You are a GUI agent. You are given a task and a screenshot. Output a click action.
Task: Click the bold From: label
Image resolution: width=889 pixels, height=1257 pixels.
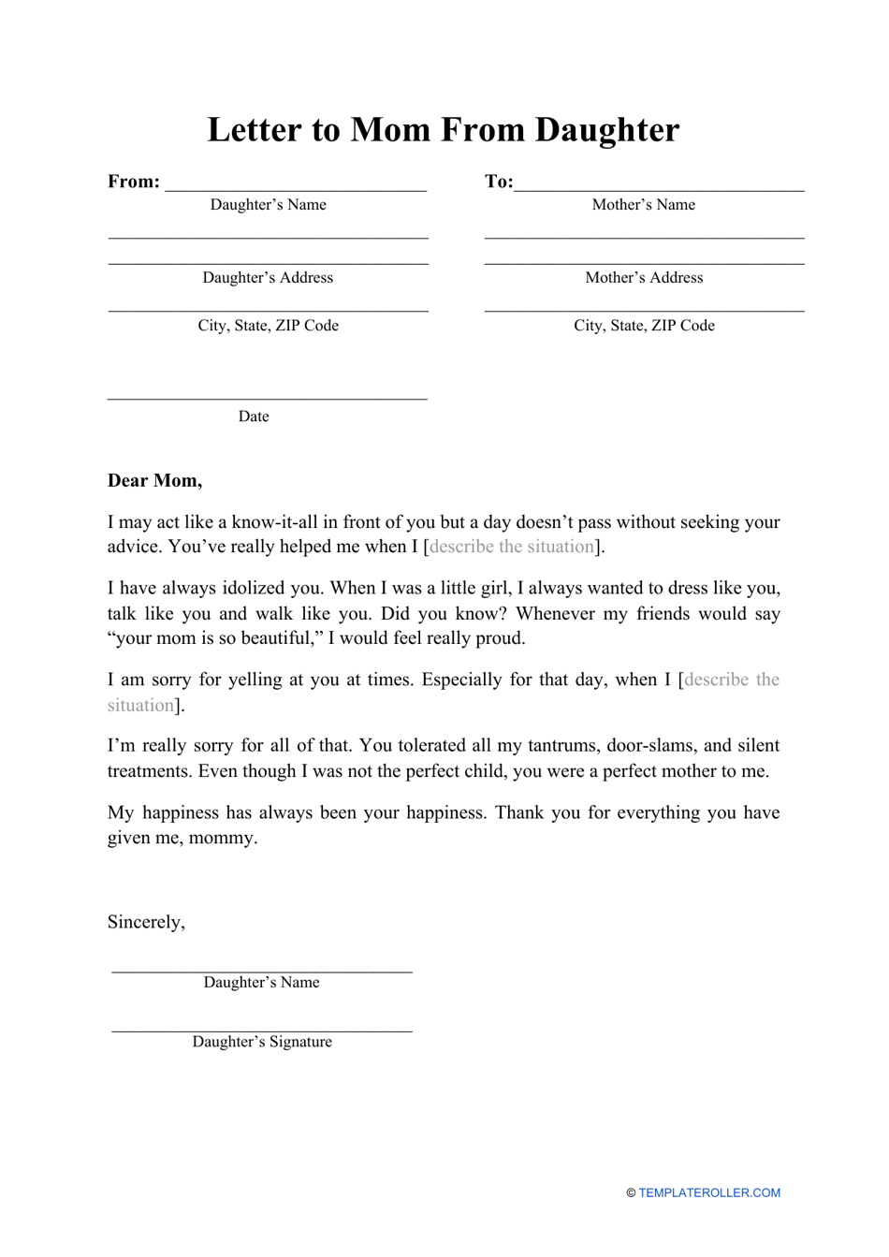(134, 182)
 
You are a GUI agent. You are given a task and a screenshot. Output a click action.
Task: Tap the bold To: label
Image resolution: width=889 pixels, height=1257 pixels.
(499, 182)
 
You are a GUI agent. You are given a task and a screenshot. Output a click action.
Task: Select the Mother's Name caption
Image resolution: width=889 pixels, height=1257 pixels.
(644, 205)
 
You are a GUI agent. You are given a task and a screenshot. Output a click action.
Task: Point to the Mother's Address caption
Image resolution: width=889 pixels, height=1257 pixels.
(644, 278)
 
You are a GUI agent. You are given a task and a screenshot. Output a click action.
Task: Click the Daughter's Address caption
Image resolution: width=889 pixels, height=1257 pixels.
(268, 278)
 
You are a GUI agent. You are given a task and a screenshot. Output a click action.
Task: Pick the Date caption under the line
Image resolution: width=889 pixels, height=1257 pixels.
(254, 417)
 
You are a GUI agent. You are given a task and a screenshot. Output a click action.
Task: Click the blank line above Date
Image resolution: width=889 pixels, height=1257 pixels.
(268, 398)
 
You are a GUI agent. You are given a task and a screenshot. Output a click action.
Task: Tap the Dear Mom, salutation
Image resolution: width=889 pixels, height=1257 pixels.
(154, 481)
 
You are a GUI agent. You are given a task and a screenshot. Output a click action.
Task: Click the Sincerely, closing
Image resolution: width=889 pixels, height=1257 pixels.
(146, 922)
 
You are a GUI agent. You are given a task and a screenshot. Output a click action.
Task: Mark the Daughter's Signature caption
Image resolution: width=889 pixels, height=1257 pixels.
(262, 1042)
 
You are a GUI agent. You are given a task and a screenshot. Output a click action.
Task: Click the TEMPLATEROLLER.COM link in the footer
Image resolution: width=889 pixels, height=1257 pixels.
(709, 1193)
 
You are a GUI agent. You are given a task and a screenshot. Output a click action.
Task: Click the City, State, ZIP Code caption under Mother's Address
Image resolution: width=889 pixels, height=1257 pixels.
(644, 326)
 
